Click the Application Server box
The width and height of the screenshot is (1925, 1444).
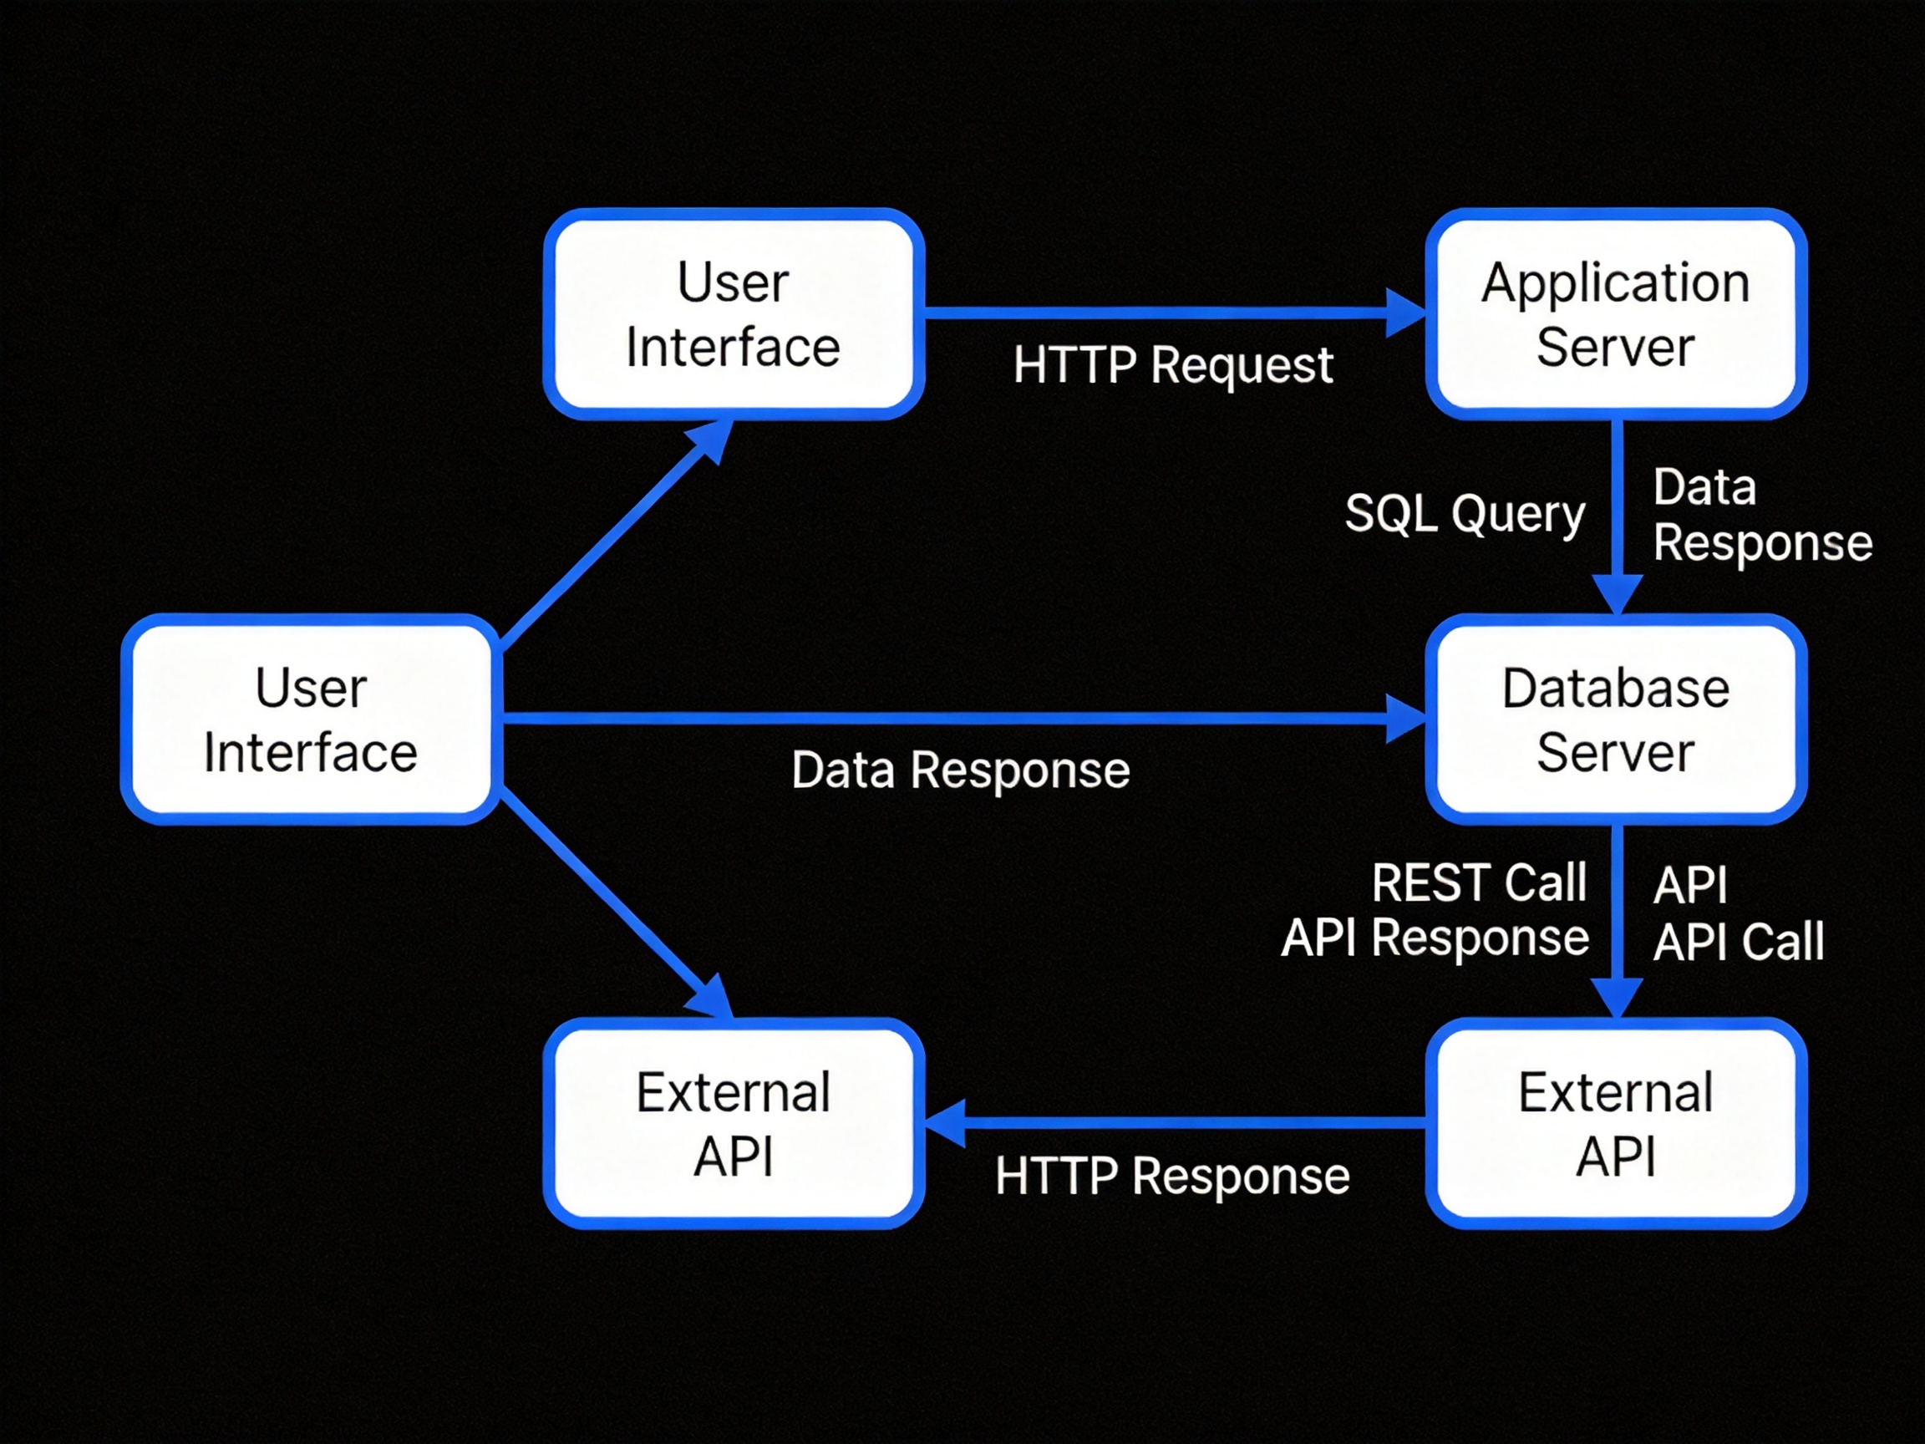[1616, 313]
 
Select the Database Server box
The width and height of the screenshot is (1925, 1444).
[1616, 719]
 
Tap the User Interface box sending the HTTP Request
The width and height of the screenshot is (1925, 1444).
[734, 313]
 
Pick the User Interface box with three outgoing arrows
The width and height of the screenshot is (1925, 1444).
[311, 719]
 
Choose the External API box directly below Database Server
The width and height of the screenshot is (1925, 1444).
[1616, 1123]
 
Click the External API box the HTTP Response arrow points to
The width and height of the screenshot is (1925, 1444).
[734, 1123]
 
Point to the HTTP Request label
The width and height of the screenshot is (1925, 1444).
[1172, 364]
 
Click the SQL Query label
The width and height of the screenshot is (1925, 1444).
[1465, 514]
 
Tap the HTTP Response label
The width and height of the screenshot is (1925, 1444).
[1172, 1176]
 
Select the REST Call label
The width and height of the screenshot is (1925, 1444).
[1479, 882]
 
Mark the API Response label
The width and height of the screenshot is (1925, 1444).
[1435, 938]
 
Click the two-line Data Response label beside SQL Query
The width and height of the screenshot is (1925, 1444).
[1762, 516]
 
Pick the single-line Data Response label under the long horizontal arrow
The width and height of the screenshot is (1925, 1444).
[961, 770]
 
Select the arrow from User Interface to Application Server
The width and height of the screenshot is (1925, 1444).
[1175, 313]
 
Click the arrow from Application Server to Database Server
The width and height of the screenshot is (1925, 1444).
[1616, 517]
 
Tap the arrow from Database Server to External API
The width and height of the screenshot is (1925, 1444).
[1616, 921]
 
